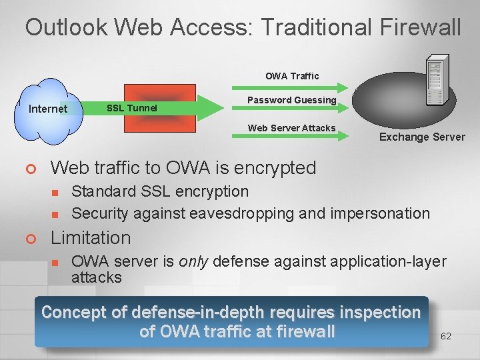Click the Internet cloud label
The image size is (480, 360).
tap(48, 109)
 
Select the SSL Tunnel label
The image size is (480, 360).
tap(132, 108)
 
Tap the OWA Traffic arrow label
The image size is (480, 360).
tap(292, 76)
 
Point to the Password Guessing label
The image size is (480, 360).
tap(292, 100)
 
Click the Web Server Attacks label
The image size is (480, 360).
tap(291, 128)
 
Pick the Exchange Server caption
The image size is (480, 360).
tap(422, 137)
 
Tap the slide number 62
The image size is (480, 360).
tap(446, 336)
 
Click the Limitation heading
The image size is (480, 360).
tap(91, 238)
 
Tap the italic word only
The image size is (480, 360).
tap(194, 261)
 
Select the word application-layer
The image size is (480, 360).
tap(388, 261)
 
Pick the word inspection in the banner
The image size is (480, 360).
tap(380, 312)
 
